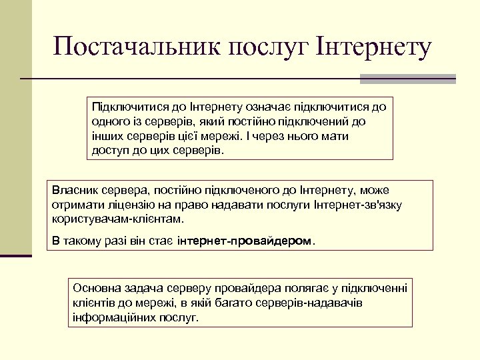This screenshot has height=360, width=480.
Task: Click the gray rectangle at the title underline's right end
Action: pos(407,79)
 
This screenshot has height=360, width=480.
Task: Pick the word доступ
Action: pos(110,151)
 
